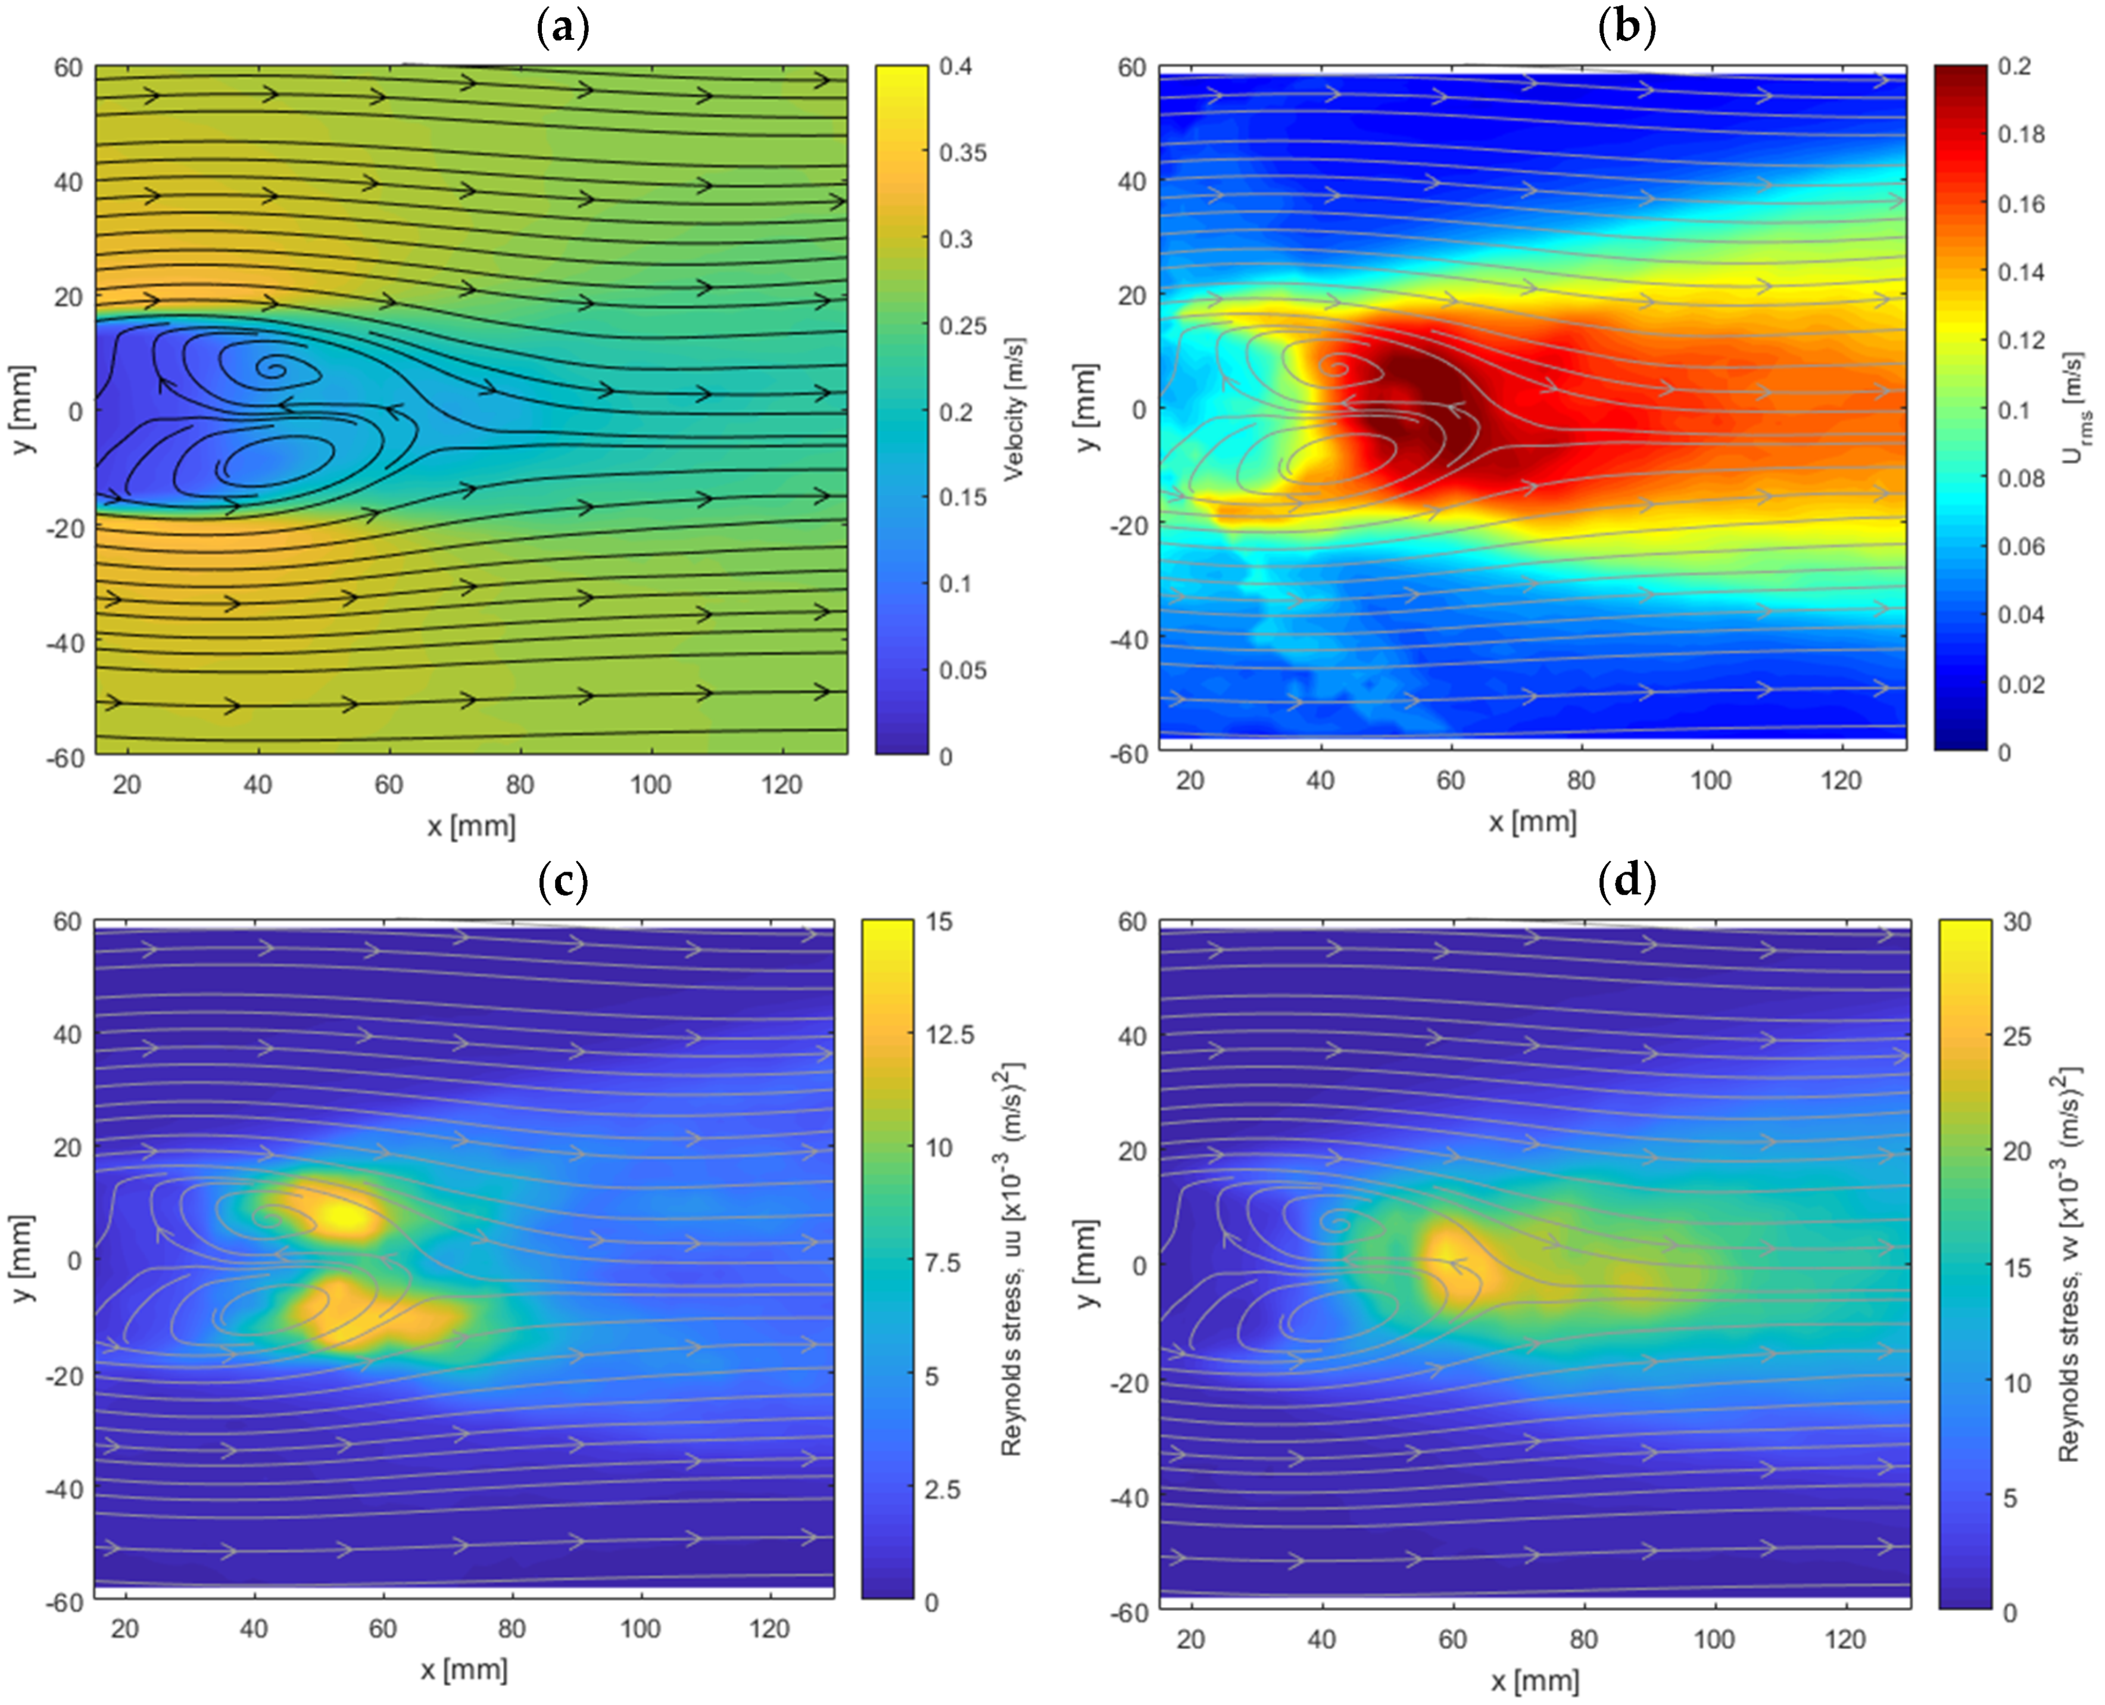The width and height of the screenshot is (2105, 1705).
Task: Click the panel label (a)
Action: (x=563, y=27)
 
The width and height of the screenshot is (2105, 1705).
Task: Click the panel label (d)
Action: (x=1627, y=881)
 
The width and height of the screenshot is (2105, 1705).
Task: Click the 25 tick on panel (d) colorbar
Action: (x=2017, y=1036)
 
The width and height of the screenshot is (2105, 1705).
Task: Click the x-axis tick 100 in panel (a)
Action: (x=650, y=785)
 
